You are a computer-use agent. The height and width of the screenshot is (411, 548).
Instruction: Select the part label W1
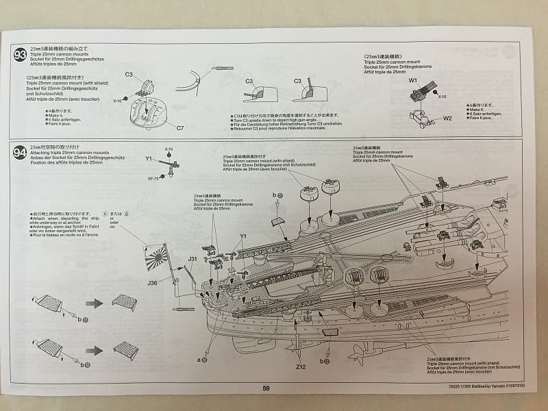[x=413, y=81]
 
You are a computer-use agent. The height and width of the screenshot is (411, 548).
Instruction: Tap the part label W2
[x=447, y=118]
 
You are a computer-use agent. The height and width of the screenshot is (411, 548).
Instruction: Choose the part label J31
[x=193, y=259]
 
